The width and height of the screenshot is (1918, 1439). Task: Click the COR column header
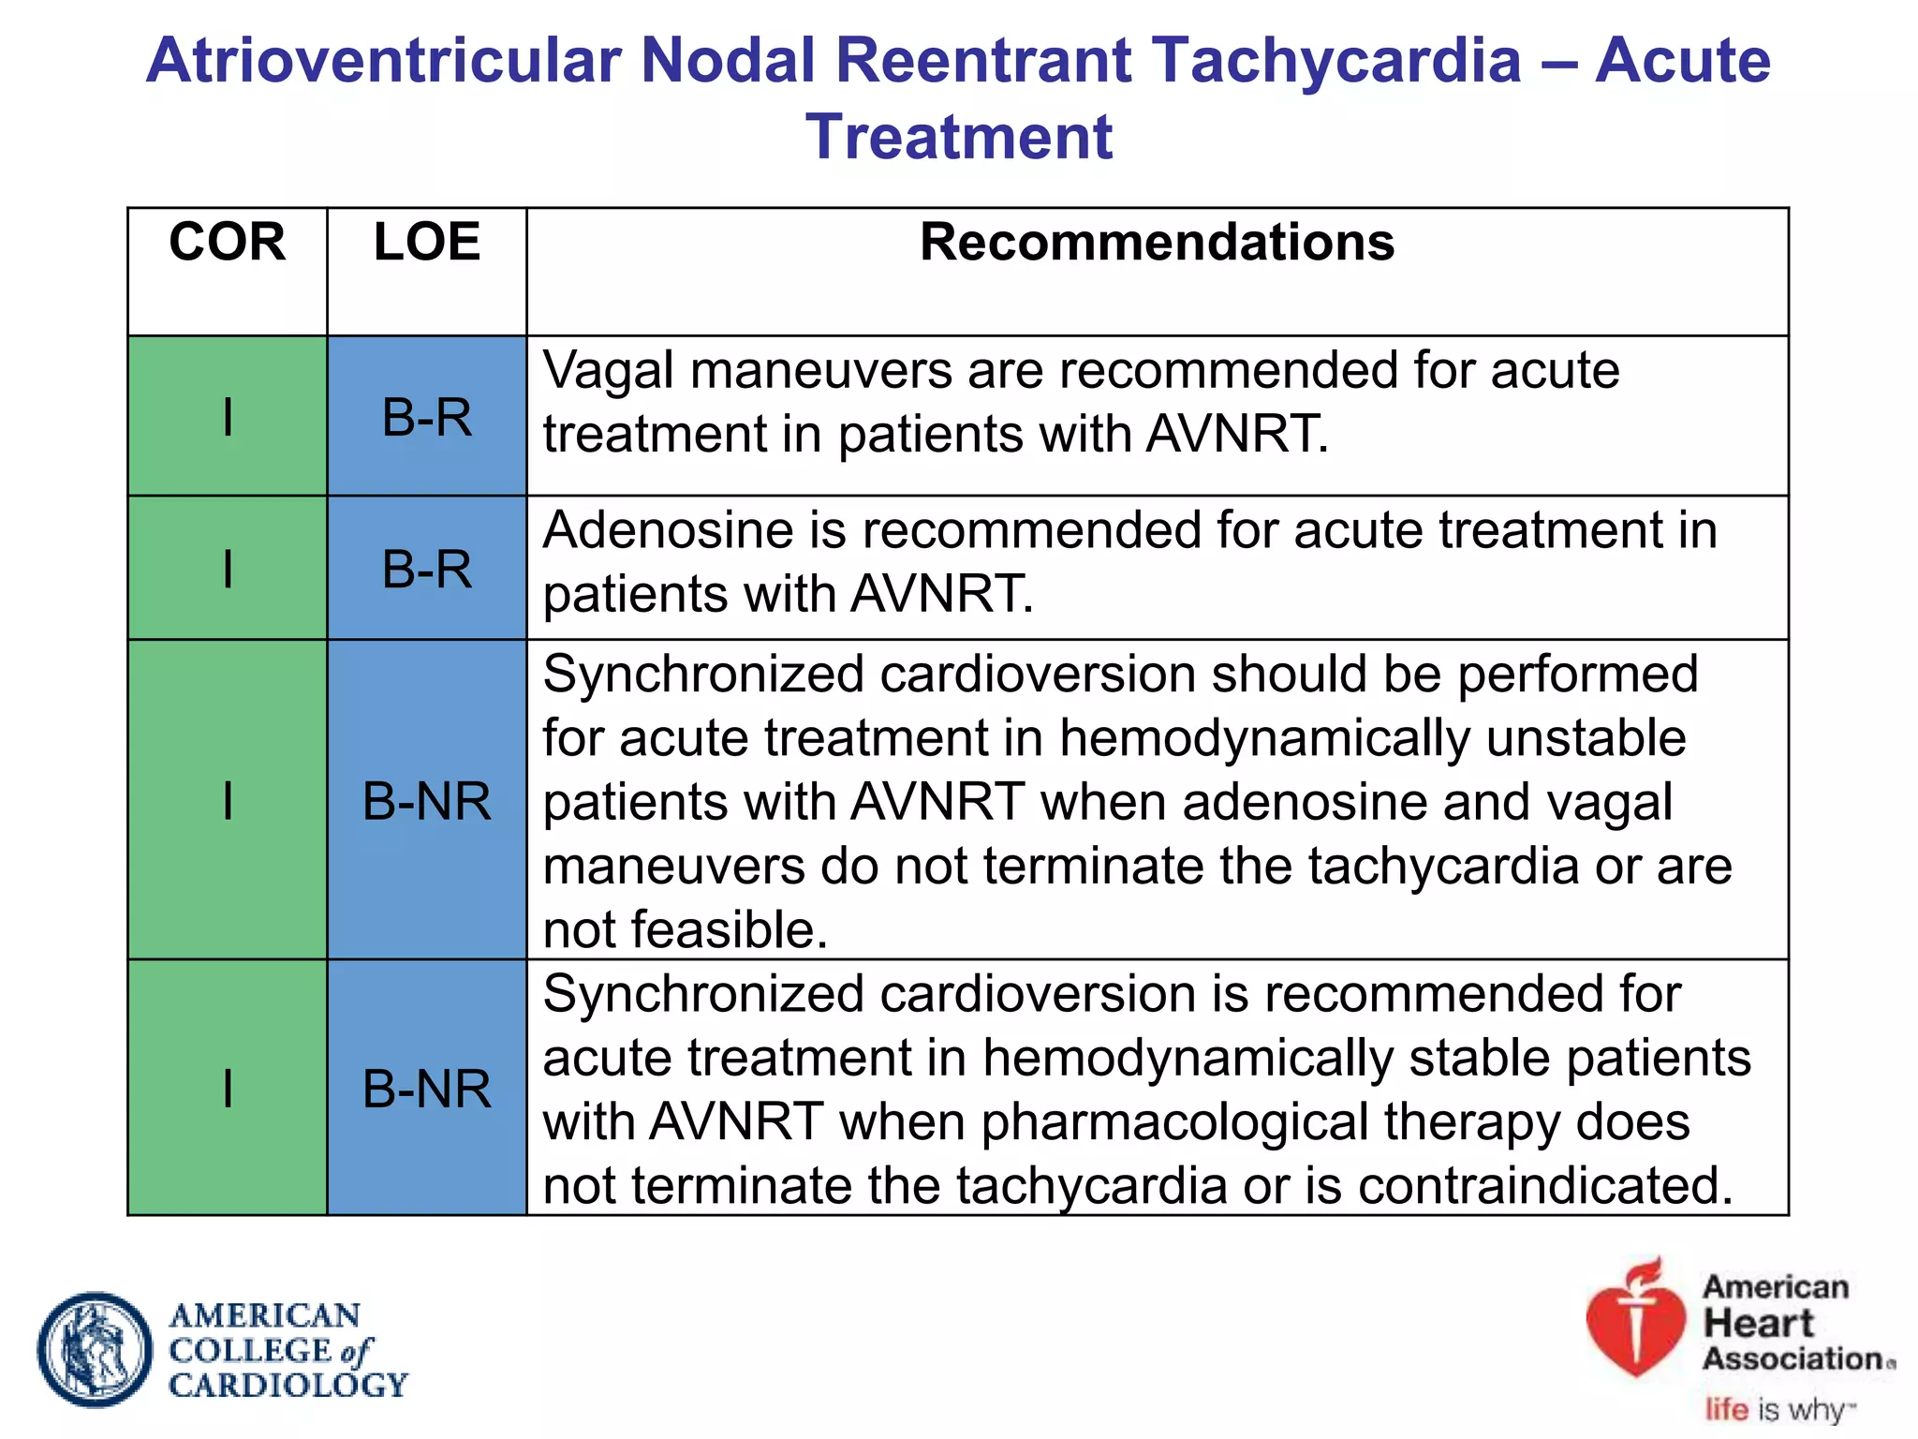(x=227, y=243)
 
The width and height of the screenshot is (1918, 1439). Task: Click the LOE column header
(x=427, y=243)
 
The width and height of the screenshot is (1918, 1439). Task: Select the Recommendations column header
(x=1157, y=243)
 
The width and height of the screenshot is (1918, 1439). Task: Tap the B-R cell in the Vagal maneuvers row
(x=427, y=417)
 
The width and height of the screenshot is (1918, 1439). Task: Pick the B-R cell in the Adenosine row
(x=427, y=569)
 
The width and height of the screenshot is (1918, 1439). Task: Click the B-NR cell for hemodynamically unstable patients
(x=427, y=802)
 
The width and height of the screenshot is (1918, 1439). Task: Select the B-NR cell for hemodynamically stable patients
(x=427, y=1089)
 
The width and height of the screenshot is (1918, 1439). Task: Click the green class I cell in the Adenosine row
(x=227, y=569)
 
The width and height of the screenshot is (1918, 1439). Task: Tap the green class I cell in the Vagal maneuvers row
(x=227, y=417)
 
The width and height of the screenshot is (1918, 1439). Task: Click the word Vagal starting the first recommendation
(x=608, y=371)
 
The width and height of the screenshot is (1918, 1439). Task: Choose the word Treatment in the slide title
(x=959, y=138)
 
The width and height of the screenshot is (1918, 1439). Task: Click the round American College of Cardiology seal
(x=95, y=1350)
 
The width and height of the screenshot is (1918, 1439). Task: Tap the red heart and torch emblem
(x=1635, y=1321)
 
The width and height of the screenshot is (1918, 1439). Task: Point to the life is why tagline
(x=1778, y=1409)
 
